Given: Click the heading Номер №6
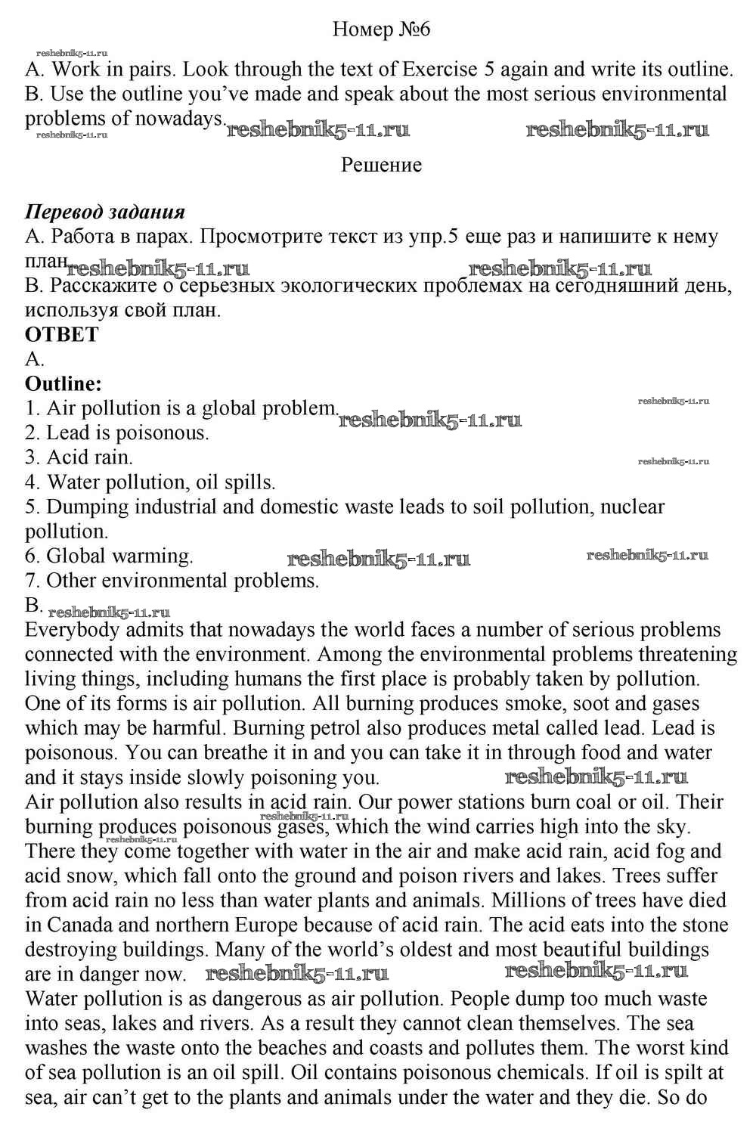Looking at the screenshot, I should pyautogui.click(x=381, y=29).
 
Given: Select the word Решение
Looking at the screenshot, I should pyautogui.click(x=381, y=165).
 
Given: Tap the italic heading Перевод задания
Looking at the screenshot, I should pyautogui.click(x=105, y=212).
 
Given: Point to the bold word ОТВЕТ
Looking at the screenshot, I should pyautogui.click(x=62, y=335).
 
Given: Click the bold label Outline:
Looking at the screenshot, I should pyautogui.click(x=64, y=384).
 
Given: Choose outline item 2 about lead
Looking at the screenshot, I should pyautogui.click(x=117, y=433).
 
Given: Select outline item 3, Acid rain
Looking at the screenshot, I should pyautogui.click(x=79, y=457).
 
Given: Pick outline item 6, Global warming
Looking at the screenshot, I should pyautogui.click(x=109, y=556).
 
